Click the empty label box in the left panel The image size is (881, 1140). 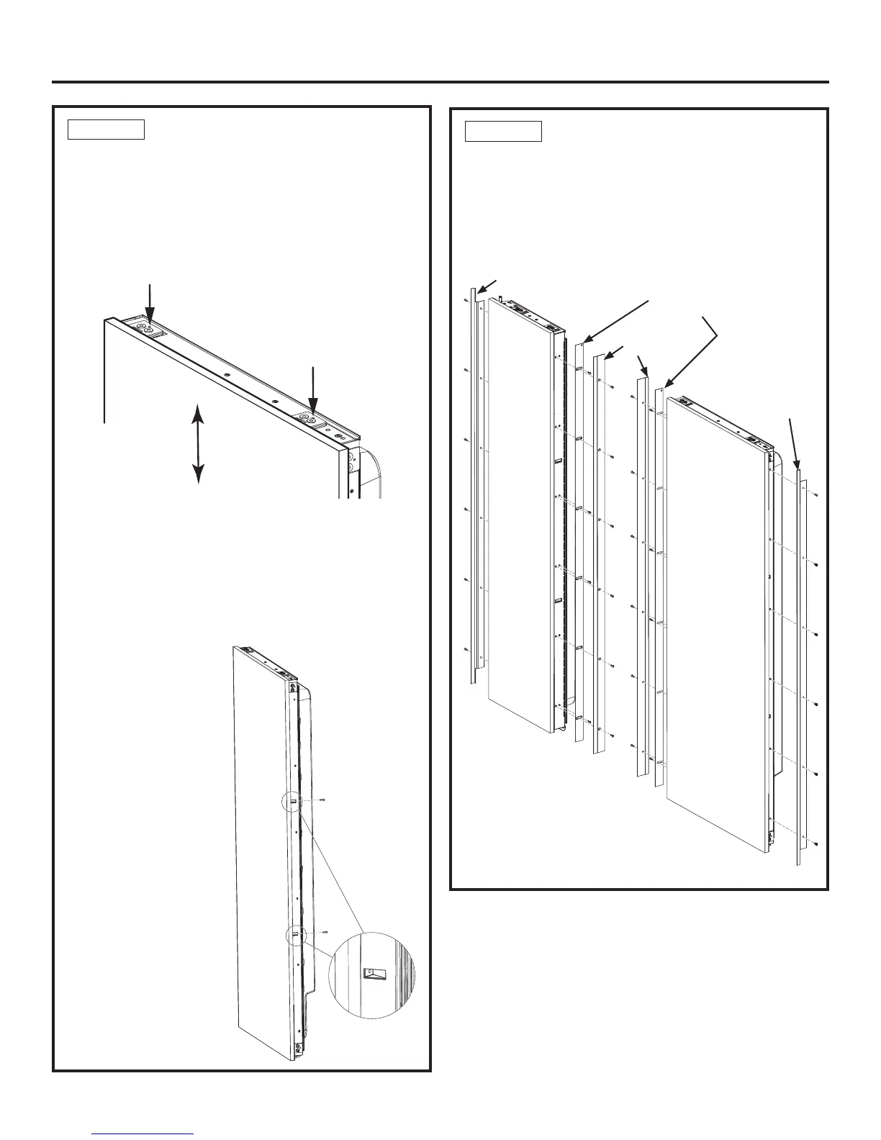[x=106, y=130]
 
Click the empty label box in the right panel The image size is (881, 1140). [x=503, y=132]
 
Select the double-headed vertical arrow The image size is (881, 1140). [x=198, y=443]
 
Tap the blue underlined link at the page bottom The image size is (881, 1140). [x=149, y=1132]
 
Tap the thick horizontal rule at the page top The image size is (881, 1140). [x=440, y=82]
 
